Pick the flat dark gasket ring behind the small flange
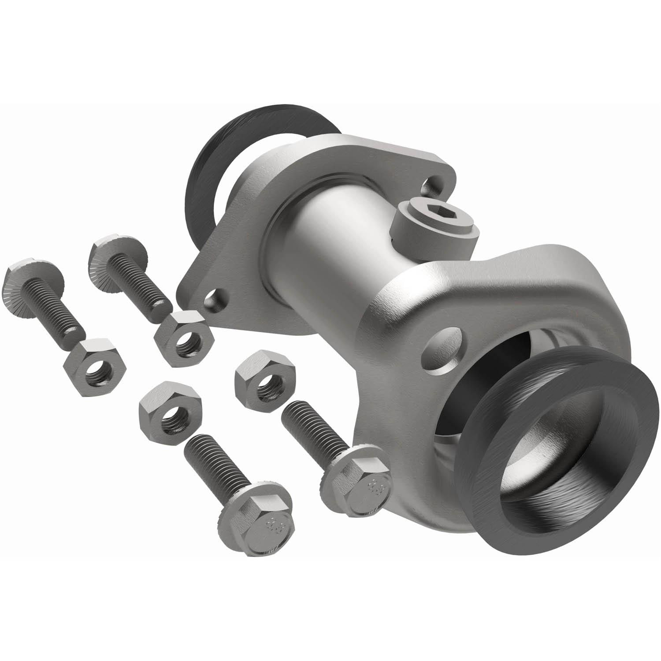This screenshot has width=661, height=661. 207,172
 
